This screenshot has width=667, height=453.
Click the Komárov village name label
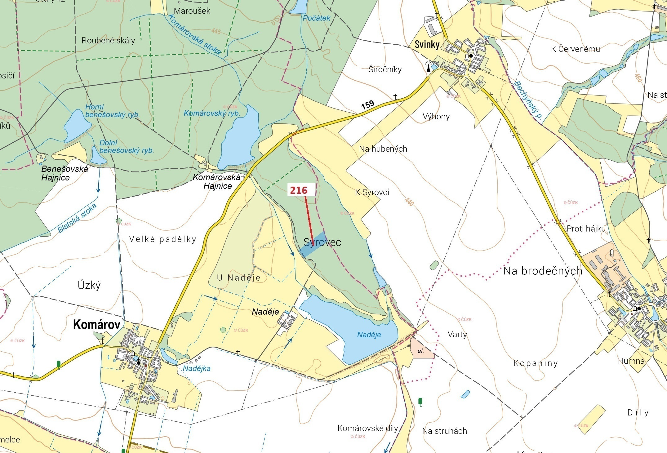pos(96,325)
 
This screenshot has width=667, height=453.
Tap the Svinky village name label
pos(427,45)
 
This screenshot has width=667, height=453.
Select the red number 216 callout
pos(299,190)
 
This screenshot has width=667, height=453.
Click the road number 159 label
pos(368,105)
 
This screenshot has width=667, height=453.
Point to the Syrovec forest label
pos(322,242)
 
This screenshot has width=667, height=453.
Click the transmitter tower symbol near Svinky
pos(429,67)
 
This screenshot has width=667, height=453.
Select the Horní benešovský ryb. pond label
pos(112,111)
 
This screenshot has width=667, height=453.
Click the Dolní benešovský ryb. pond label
pos(127,147)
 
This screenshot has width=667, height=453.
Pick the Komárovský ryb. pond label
pos(212,113)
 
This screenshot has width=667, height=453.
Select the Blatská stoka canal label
pos(77,218)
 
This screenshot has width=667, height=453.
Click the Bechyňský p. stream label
pos(528,100)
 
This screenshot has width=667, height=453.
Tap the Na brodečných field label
pos(543,271)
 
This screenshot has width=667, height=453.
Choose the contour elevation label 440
pos(409,202)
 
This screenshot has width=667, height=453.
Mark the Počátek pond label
pos(316,18)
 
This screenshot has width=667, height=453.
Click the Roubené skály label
pos(108,41)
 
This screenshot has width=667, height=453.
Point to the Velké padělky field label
pos(163,239)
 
